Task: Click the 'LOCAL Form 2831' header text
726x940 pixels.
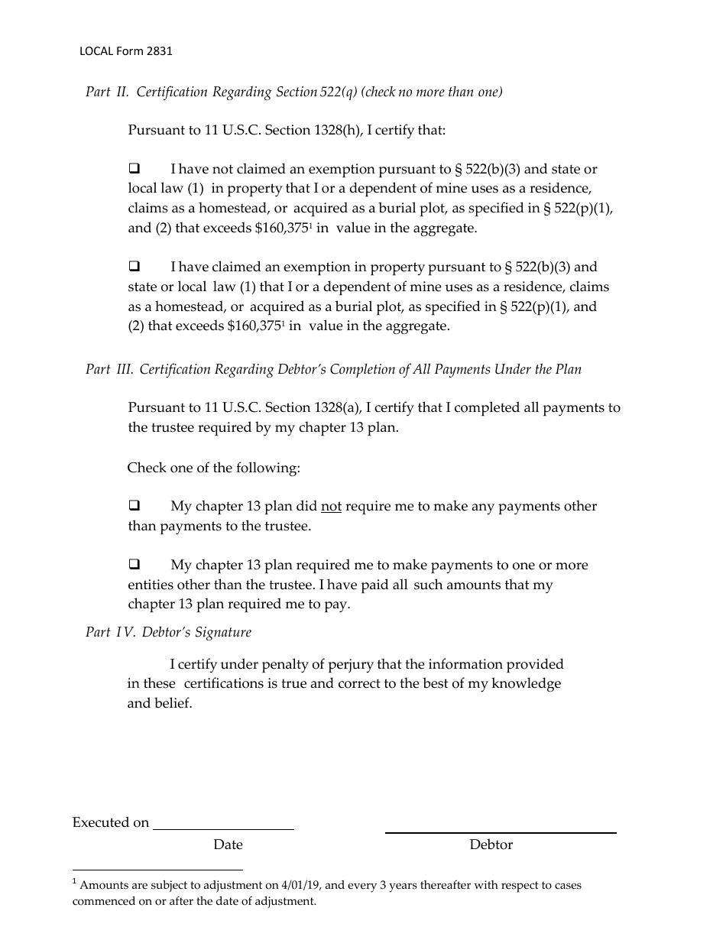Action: click(x=126, y=52)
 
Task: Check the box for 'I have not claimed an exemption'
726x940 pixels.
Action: click(x=135, y=168)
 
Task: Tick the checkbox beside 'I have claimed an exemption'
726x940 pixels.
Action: click(x=135, y=267)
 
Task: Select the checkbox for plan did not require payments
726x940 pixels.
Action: click(x=135, y=505)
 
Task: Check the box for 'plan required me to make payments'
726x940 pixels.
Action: click(x=135, y=565)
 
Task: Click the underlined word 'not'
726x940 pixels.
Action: click(x=331, y=506)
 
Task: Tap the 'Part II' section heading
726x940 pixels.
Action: click(x=293, y=92)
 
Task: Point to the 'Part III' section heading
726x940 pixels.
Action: click(x=333, y=370)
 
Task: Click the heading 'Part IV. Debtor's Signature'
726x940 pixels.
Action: click(x=168, y=633)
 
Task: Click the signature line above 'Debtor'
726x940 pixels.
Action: click(x=501, y=831)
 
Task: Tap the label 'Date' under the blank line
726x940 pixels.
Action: click(x=228, y=844)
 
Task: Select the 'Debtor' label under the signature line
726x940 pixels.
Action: click(x=491, y=844)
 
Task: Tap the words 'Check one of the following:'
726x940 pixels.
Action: click(x=214, y=468)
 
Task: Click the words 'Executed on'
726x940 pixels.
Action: click(x=111, y=823)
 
